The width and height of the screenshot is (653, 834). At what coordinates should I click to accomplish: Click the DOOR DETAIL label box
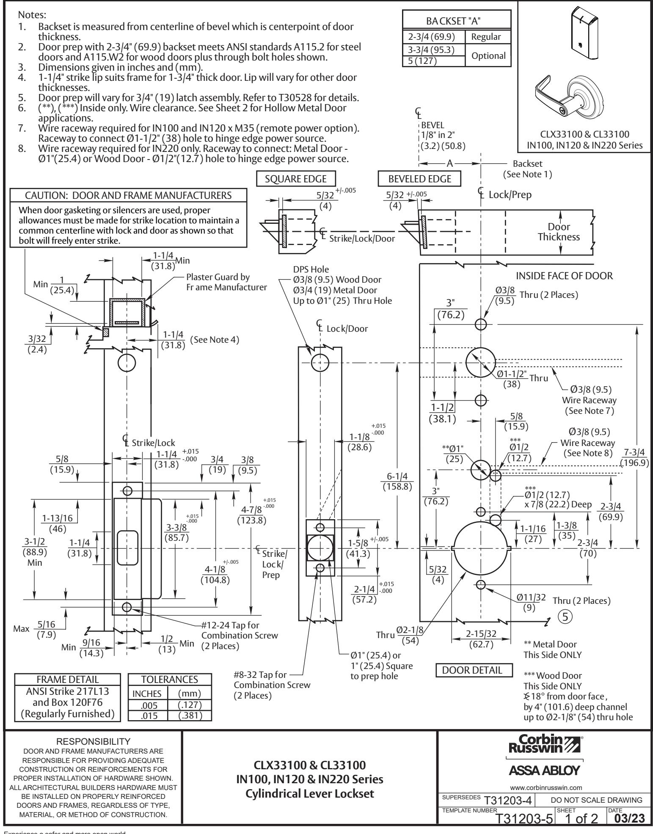point(474,670)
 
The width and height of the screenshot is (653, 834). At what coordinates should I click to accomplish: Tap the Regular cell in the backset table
point(488,37)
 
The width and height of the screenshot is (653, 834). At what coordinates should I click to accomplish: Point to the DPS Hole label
point(311,270)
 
